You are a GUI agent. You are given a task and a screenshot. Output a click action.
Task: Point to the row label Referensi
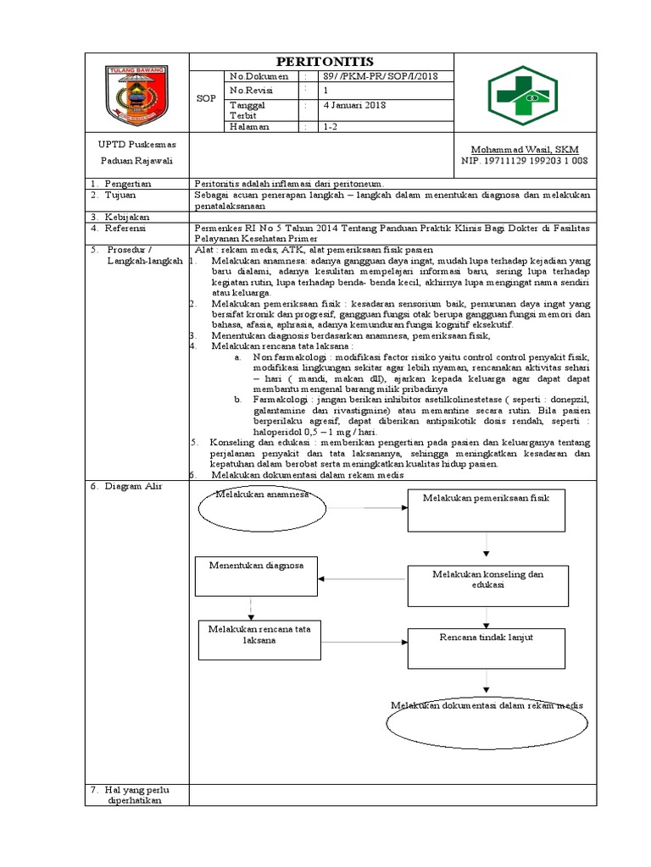coord(126,228)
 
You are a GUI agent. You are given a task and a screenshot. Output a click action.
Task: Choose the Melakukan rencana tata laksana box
coord(249,639)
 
